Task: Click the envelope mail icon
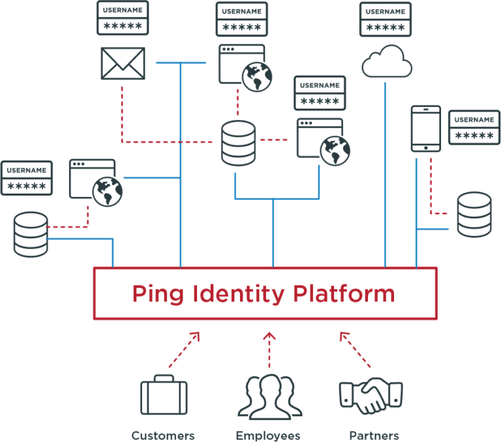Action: click(123, 63)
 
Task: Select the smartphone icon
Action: click(425, 128)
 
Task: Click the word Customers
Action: click(162, 435)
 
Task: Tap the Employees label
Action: click(268, 435)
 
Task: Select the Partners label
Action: click(374, 435)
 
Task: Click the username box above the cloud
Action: click(385, 19)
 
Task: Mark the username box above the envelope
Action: click(123, 18)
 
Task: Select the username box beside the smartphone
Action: click(474, 127)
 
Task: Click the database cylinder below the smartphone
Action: click(474, 214)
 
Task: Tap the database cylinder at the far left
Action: click(31, 233)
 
